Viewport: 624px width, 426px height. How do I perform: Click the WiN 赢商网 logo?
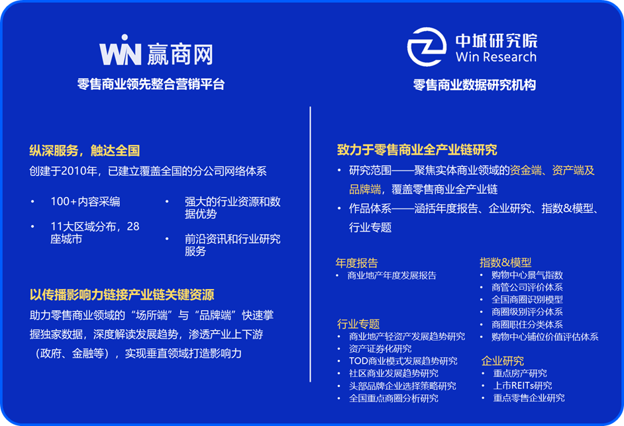point(156,51)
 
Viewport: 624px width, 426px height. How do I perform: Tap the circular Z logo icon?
point(427,46)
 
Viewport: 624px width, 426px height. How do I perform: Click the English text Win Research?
point(496,57)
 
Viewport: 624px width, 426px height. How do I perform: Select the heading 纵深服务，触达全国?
point(84,151)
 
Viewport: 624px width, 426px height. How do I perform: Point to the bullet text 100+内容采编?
point(85,202)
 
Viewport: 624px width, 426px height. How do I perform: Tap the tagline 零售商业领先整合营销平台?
point(151,84)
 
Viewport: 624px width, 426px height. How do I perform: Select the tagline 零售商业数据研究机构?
point(474,85)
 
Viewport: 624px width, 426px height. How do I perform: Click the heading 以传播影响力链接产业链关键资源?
point(122,294)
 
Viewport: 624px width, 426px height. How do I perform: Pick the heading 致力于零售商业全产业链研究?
point(417,149)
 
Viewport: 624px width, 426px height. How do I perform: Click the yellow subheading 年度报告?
point(356,263)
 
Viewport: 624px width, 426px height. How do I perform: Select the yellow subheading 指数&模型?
point(505,262)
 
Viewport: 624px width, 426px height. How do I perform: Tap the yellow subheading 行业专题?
point(358,324)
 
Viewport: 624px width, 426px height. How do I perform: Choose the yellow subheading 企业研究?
point(503,361)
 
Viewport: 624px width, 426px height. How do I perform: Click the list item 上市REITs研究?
point(523,386)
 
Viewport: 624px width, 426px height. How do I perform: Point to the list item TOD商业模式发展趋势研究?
point(403,361)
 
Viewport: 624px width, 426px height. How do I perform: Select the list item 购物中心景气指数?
point(527,275)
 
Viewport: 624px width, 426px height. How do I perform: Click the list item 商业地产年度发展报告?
point(392,275)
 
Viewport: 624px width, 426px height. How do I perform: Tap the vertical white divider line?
point(310,244)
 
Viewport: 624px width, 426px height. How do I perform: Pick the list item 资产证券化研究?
point(380,349)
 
